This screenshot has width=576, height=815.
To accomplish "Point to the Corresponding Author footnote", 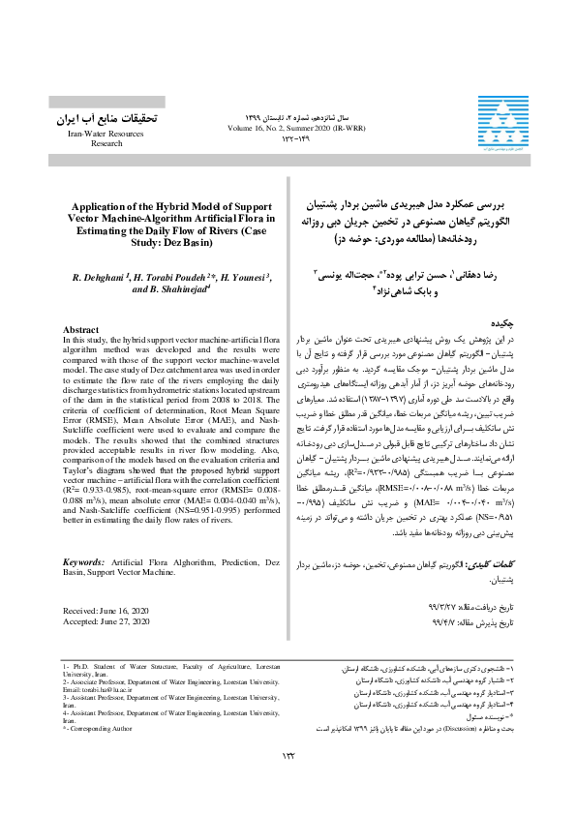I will (101, 727).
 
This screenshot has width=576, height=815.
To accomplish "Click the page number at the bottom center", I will (288, 755).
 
